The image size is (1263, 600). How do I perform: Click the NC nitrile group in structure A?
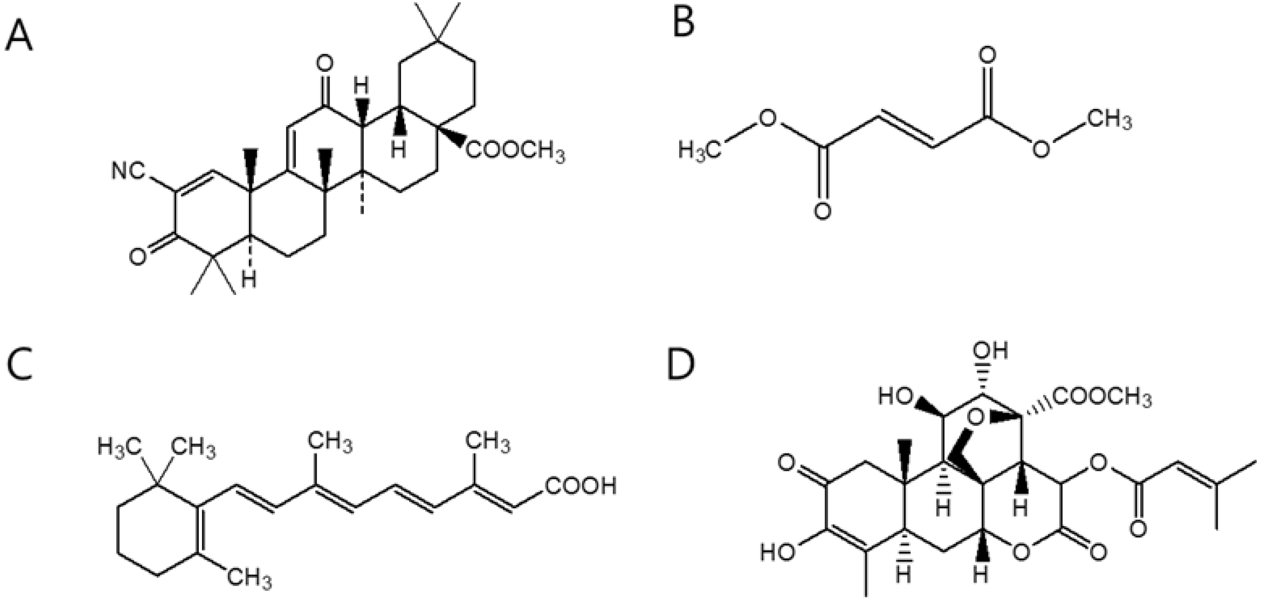pos(128,172)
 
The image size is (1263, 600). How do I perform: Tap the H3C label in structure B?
pos(700,149)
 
